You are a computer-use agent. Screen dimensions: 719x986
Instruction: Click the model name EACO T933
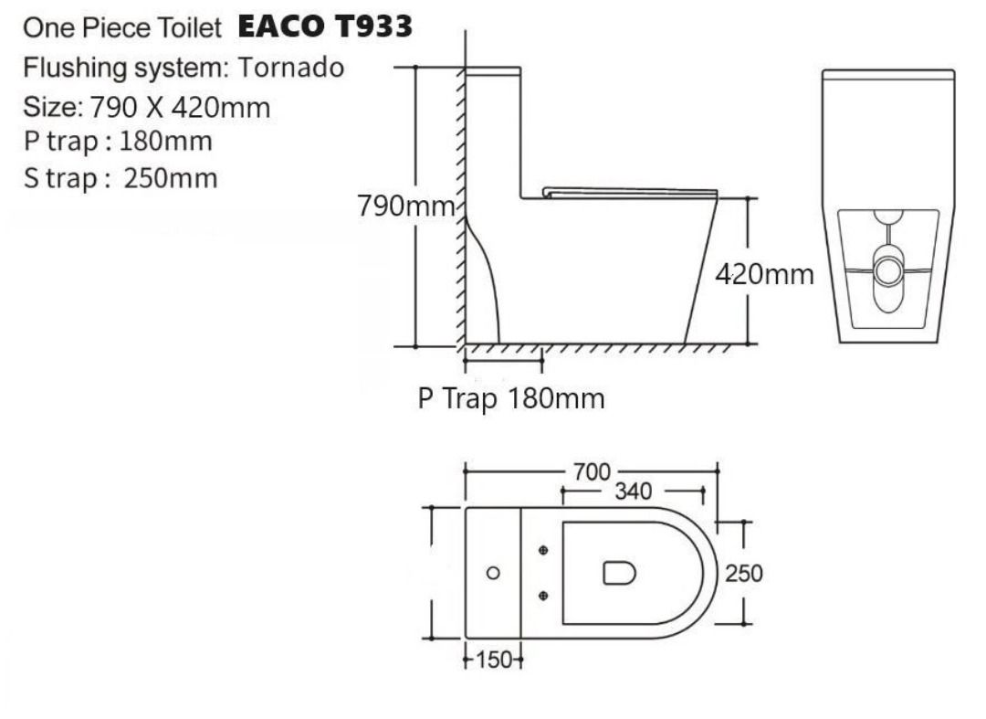point(325,27)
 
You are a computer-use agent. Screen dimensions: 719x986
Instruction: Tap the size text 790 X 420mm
point(179,108)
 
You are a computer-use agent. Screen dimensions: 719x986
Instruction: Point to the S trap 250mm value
point(171,177)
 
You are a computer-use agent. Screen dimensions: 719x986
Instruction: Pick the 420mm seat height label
point(764,274)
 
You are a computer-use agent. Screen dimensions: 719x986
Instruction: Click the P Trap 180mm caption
point(511,399)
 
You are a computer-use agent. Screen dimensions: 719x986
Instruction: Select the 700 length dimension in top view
point(593,472)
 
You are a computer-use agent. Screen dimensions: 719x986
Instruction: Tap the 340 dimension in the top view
point(632,492)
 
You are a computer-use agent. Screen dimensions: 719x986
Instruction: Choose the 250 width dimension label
point(743,574)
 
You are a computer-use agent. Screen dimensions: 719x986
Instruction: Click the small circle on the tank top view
point(494,573)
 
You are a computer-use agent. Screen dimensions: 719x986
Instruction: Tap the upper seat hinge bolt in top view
point(544,551)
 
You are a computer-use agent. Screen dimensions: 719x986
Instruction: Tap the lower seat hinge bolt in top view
point(544,596)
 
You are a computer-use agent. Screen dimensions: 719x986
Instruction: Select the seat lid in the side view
point(630,192)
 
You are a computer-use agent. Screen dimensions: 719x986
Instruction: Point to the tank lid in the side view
point(493,69)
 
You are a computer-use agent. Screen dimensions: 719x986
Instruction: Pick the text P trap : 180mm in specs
point(118,142)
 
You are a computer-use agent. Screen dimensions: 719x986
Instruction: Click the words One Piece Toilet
point(122,28)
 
